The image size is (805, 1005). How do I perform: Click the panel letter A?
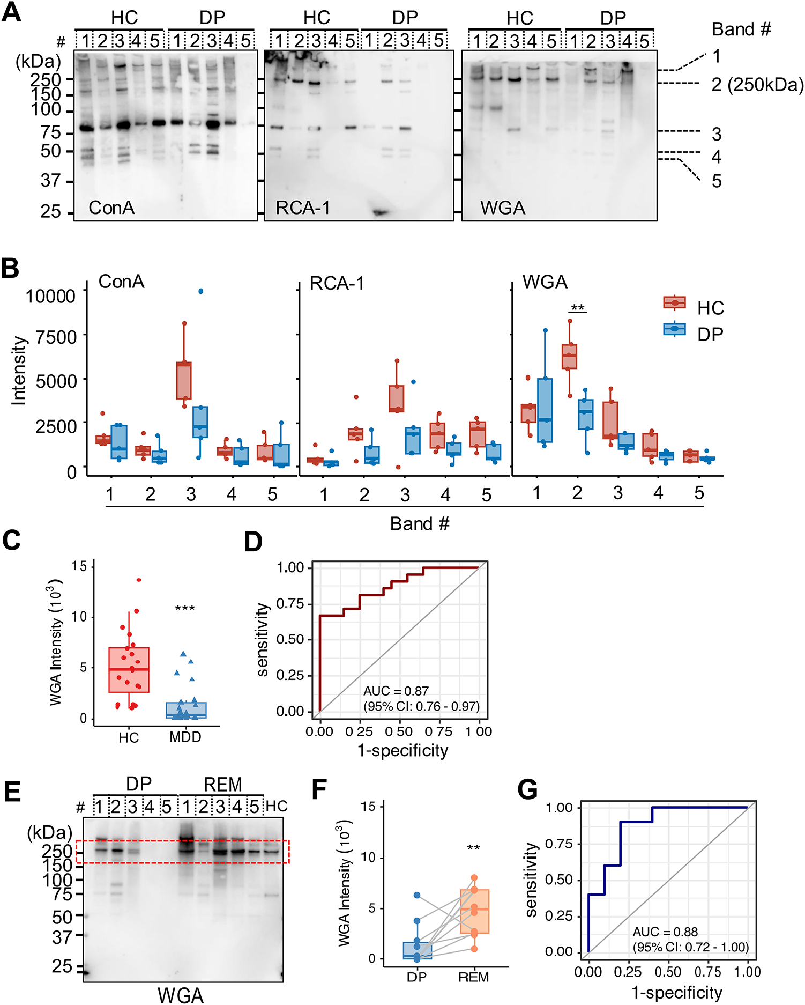coord(12,12)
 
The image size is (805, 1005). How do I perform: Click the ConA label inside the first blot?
coord(111,208)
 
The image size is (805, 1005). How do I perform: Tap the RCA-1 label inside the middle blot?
coord(303,208)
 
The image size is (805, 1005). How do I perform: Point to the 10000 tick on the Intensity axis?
coord(51,296)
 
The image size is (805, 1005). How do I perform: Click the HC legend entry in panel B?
coord(710,308)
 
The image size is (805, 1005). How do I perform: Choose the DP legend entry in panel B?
coord(710,334)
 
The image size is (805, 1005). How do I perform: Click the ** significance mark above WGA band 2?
coord(577,308)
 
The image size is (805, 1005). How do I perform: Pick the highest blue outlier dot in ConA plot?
coord(200,291)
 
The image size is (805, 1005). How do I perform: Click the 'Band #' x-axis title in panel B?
coord(419,523)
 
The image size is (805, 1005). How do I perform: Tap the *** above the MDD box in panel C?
coord(185,608)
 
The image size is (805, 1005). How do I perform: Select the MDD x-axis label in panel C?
coord(185,737)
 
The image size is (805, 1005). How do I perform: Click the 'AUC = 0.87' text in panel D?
coord(396,691)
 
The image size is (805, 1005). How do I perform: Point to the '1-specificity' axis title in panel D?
coord(403,750)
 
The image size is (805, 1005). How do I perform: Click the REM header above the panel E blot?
coord(223,785)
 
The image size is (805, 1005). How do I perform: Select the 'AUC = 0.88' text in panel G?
coord(665,932)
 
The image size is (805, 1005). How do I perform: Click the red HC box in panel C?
coord(129,670)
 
